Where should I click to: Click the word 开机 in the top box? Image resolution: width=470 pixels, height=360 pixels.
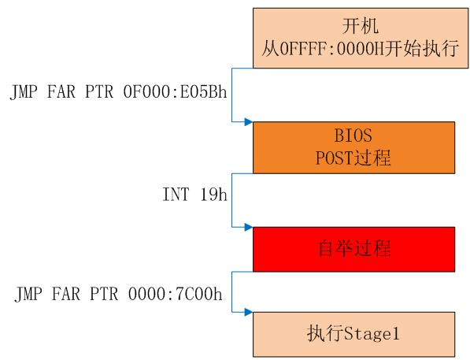(361, 26)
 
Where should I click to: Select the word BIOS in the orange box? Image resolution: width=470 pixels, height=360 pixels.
(353, 135)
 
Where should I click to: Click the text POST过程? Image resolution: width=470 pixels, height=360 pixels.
(353, 158)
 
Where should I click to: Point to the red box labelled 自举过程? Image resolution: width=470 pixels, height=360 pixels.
(354, 249)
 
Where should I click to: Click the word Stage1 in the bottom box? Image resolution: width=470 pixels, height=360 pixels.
(372, 333)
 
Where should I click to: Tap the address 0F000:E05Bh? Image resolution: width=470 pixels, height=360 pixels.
(175, 91)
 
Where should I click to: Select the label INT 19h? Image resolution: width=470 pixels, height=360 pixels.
(194, 194)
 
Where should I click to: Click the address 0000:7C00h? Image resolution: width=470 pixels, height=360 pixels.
(176, 293)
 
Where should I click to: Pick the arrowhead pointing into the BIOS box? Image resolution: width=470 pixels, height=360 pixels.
(249, 122)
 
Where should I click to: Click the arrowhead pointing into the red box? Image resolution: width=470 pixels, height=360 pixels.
(249, 227)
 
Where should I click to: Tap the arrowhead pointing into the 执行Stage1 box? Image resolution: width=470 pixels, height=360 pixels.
(249, 312)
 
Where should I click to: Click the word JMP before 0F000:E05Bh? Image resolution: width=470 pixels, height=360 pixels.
(24, 92)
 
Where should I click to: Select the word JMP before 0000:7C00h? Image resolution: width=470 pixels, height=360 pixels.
(28, 294)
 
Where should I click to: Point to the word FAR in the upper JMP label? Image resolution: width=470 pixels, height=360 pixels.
(61, 91)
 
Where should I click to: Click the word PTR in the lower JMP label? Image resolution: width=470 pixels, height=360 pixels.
(104, 293)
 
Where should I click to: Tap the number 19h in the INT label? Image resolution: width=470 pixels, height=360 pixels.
(213, 194)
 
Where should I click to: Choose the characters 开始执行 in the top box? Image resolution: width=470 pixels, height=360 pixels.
(422, 48)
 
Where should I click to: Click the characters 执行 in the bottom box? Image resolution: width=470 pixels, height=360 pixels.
(325, 333)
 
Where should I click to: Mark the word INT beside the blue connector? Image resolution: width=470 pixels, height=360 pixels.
(176, 194)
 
